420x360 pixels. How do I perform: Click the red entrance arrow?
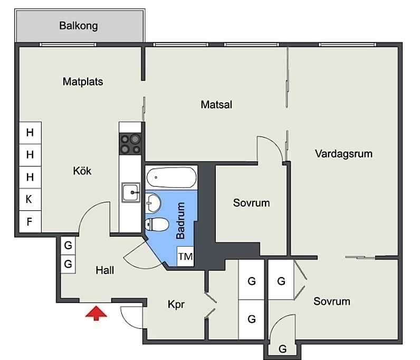coord(96,314)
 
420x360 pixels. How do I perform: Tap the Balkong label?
coord(79,26)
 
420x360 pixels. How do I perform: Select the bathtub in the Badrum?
coord(171,178)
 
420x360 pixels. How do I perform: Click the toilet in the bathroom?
coord(157,225)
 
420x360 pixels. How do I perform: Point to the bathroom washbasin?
coord(153,203)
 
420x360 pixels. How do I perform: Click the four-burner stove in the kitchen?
coord(130,144)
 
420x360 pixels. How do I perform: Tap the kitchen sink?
coord(131,192)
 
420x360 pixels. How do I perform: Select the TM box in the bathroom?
coord(185,256)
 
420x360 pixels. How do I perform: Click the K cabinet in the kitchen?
coord(30,199)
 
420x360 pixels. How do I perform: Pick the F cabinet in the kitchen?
coord(30,221)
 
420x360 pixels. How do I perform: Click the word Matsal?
coord(216,105)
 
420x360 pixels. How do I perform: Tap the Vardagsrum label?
coord(343,154)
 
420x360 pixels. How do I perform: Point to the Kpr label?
coord(176,305)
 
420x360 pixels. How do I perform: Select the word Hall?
coord(104,270)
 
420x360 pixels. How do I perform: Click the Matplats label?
coord(83,82)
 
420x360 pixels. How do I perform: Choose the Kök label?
coord(82,171)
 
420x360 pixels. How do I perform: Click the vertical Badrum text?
coord(181,220)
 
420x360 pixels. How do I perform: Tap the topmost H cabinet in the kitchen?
coord(30,133)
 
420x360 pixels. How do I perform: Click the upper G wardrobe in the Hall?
coord(68,246)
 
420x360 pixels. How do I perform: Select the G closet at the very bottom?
coord(282,349)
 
